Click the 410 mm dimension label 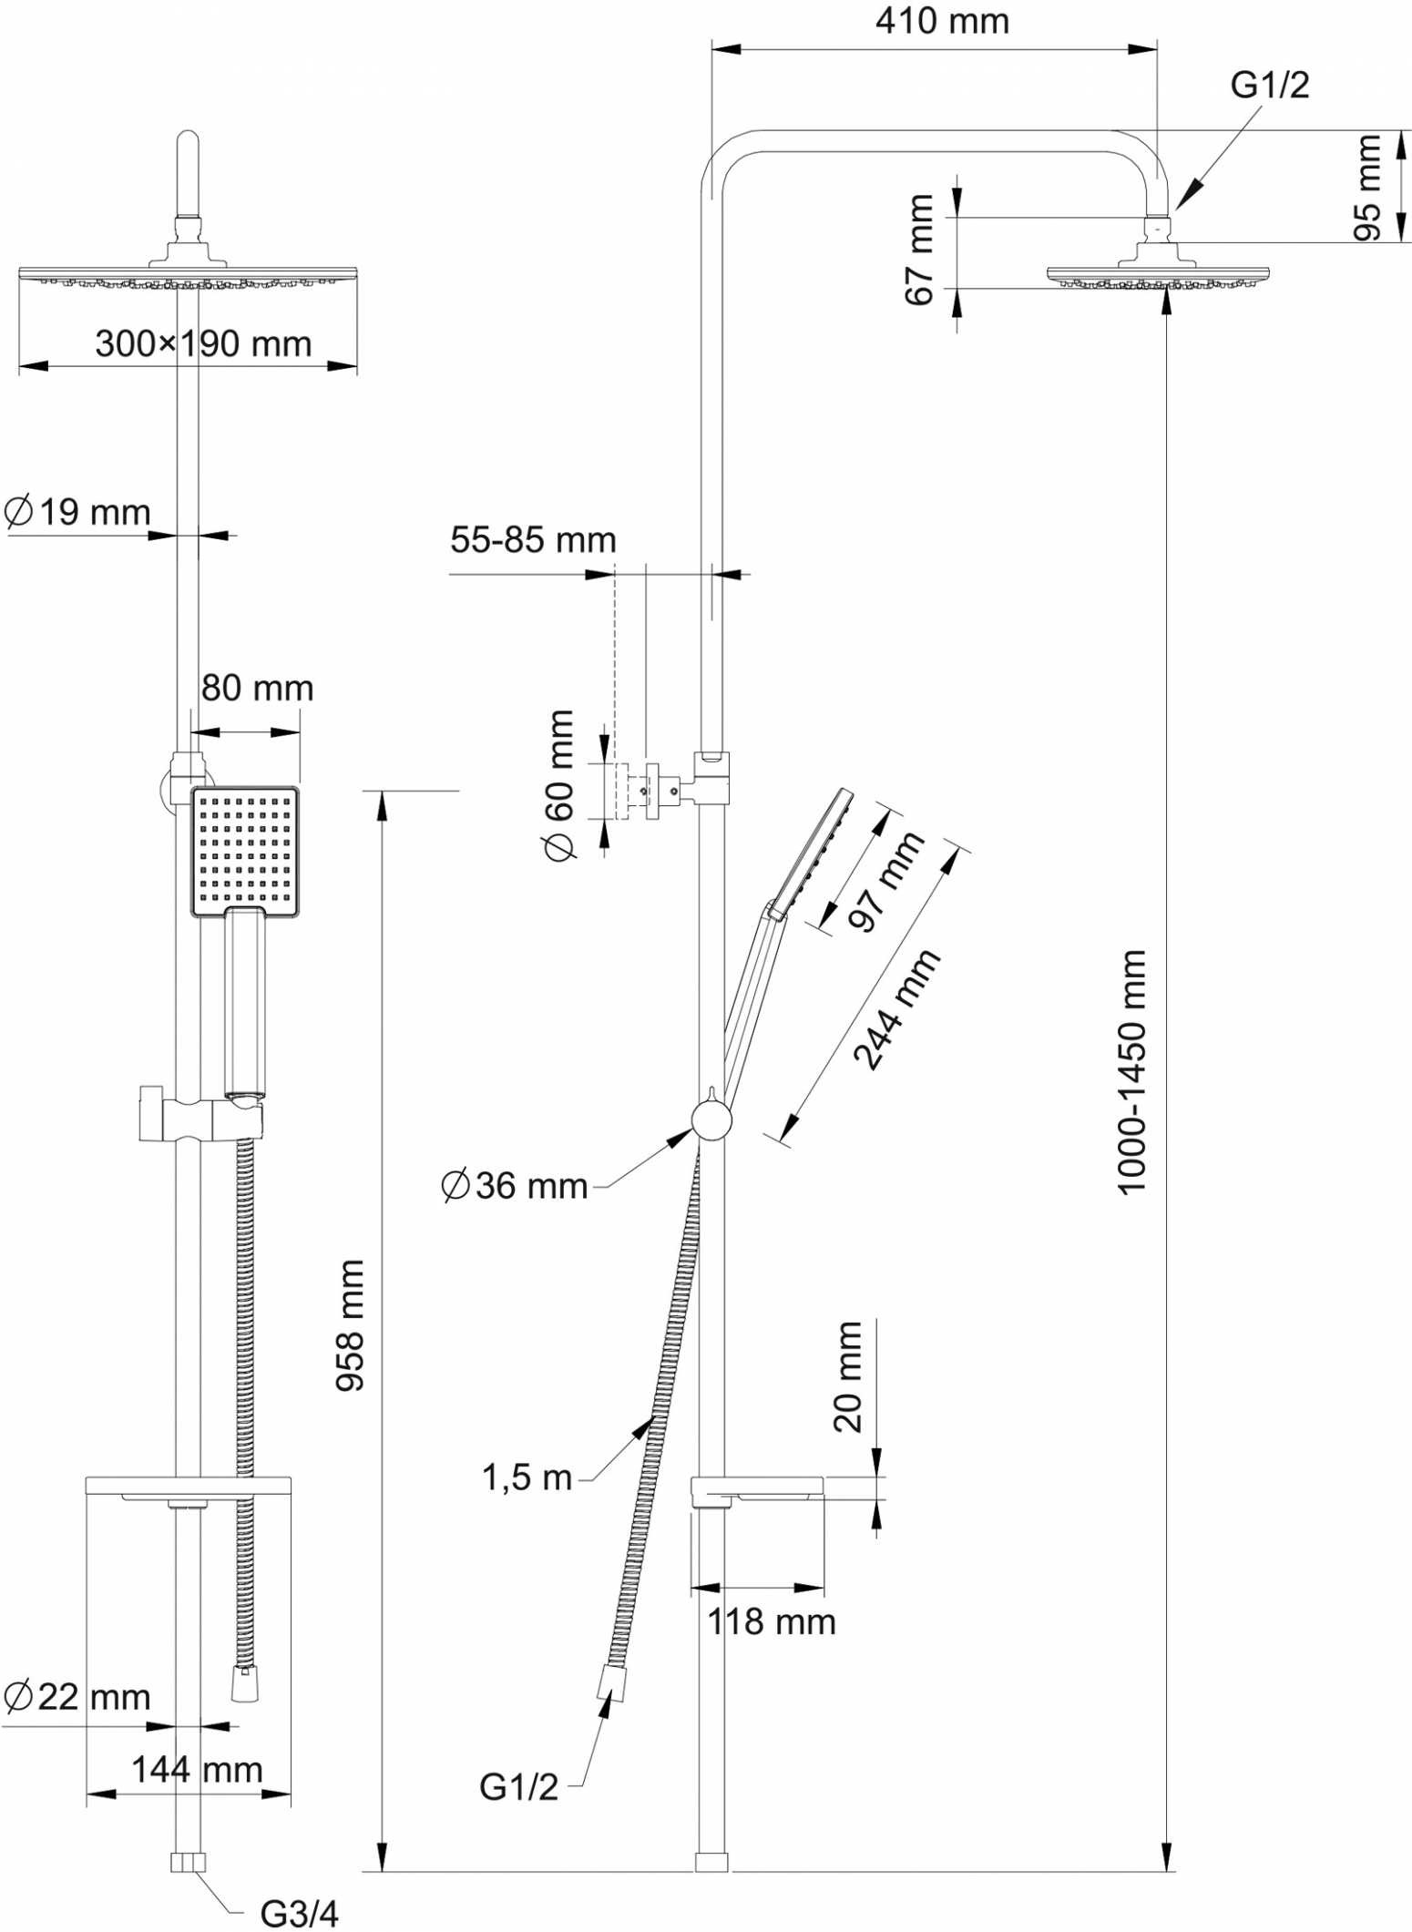942,21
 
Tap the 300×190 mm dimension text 203,343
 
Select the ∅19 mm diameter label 77,512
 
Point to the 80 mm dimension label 257,688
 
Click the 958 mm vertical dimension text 351,1325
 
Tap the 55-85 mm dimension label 533,540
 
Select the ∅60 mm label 558,785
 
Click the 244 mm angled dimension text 895,1008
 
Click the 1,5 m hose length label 527,1477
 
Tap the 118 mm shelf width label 772,1621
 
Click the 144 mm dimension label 198,1770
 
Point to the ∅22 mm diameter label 77,1697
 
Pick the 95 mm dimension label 1366,188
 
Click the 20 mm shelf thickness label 847,1376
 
